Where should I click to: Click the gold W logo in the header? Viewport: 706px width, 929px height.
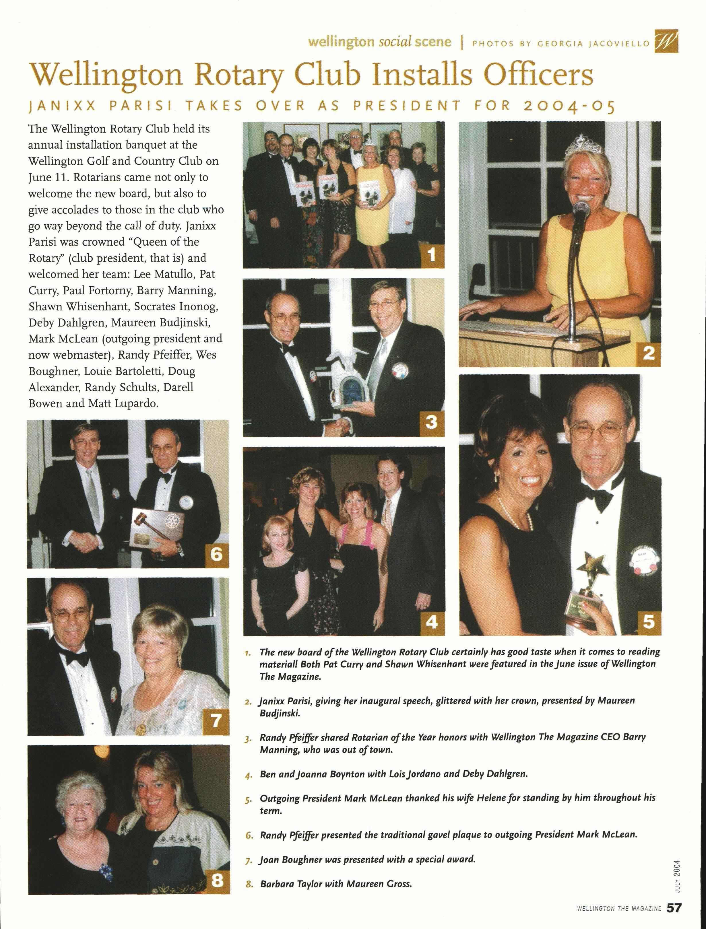(667, 42)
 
